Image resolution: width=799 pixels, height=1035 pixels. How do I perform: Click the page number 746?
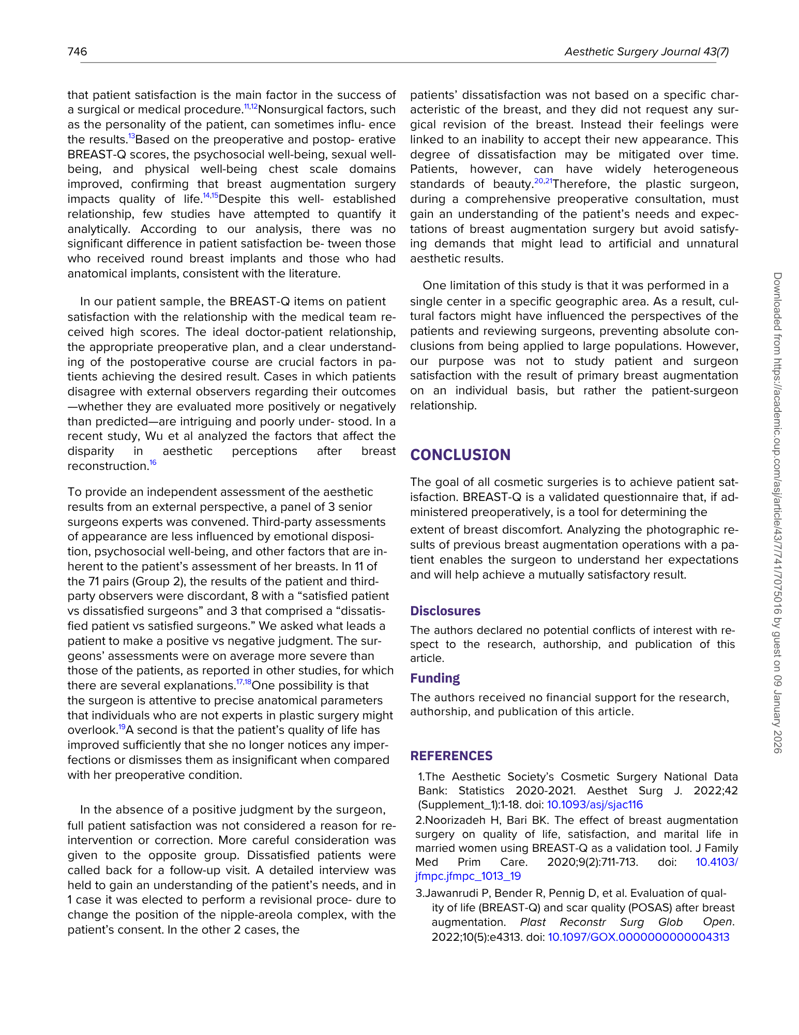point(77,51)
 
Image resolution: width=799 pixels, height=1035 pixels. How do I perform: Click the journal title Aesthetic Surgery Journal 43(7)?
point(646,52)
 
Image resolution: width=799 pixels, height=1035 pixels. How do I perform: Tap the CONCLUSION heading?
point(460,455)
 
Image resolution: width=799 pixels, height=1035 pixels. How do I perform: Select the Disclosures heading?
point(445,611)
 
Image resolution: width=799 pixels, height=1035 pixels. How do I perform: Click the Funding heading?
point(435,678)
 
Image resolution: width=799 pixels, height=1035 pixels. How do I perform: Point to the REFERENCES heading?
point(451,756)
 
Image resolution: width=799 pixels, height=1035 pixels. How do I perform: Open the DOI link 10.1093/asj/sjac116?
point(595,805)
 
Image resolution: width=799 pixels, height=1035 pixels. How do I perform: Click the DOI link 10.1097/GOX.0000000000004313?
point(638,937)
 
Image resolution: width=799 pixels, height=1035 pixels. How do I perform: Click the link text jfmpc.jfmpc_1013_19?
point(468,876)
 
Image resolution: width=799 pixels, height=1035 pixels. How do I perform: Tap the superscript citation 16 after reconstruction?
point(153,463)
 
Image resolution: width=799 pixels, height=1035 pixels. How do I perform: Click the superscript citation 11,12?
point(250,106)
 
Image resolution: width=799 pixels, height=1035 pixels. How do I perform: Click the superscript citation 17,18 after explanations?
point(244,682)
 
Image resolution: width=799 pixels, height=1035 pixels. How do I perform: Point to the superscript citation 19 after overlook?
point(122,727)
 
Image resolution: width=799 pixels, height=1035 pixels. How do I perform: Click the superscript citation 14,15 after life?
point(210,196)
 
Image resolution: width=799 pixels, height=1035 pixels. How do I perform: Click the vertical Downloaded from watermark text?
point(777,512)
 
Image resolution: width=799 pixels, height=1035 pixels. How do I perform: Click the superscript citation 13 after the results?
point(131,136)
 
